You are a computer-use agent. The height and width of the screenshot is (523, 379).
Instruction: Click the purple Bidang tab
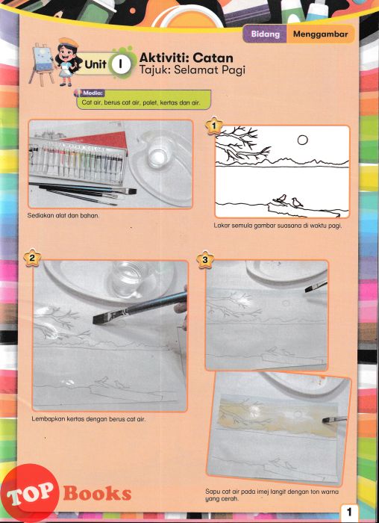[265, 34]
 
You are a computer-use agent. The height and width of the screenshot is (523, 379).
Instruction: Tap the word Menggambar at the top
[320, 34]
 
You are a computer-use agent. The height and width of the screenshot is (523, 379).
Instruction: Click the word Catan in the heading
[213, 58]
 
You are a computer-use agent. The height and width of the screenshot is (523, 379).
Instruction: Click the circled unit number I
[120, 64]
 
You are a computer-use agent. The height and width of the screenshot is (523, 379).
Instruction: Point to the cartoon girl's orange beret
[69, 43]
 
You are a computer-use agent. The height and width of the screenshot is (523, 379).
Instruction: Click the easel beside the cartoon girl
[42, 64]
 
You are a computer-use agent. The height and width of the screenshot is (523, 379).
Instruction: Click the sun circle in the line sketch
[302, 140]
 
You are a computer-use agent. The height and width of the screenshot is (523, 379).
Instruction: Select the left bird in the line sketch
[281, 199]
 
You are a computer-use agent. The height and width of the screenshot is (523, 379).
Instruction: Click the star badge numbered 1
[214, 126]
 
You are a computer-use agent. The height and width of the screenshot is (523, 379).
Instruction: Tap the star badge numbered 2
[32, 258]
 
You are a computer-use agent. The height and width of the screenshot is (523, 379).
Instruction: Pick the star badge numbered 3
[205, 259]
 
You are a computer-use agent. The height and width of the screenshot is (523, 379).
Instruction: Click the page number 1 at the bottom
[349, 512]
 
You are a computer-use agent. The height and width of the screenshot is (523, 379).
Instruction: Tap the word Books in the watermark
[97, 494]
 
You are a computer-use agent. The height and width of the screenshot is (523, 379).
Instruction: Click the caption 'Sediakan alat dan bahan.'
[63, 215]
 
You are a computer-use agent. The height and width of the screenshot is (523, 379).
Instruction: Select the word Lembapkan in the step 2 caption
[46, 419]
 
